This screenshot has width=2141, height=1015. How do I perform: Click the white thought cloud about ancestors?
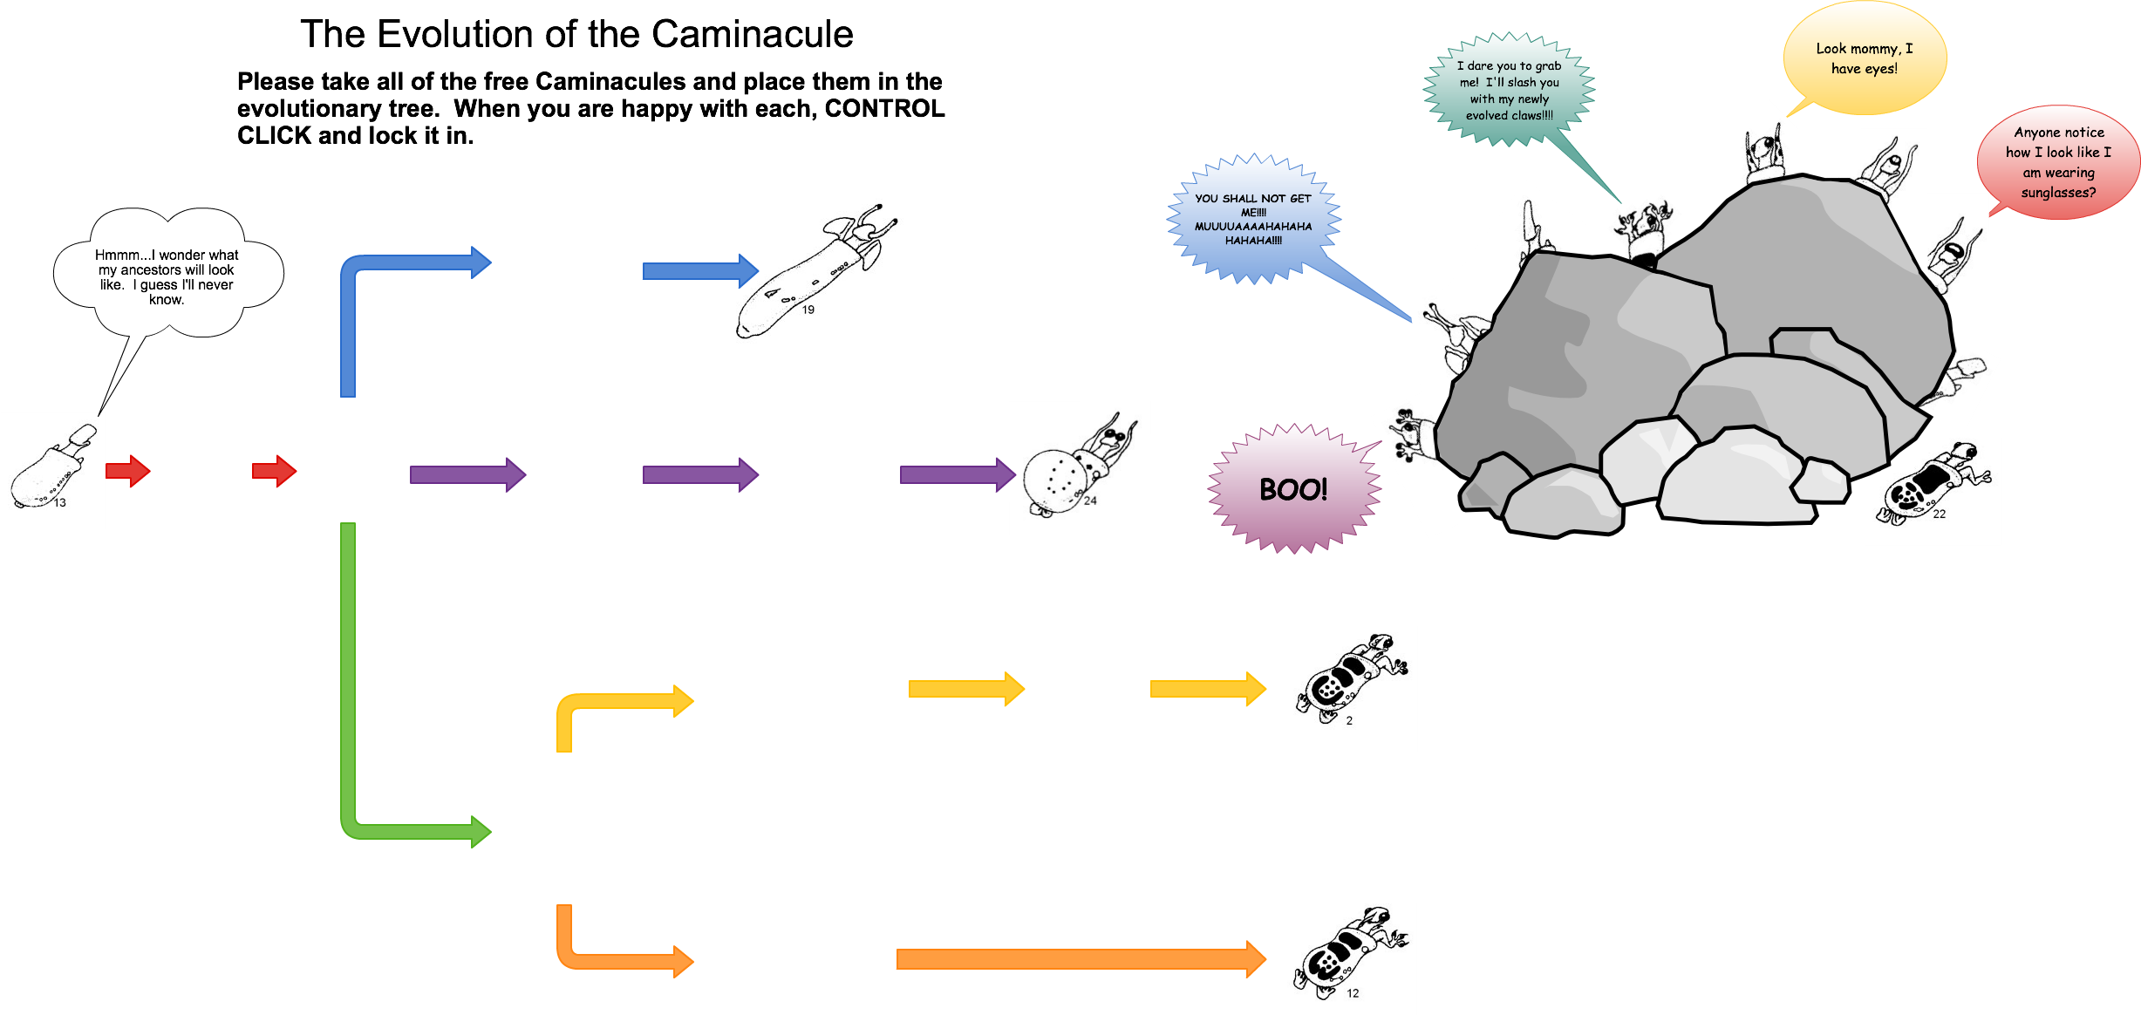(167, 276)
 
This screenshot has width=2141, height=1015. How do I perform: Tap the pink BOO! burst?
(1293, 488)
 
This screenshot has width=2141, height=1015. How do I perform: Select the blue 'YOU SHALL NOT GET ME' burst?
(1253, 219)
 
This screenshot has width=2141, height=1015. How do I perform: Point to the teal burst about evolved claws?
(1509, 90)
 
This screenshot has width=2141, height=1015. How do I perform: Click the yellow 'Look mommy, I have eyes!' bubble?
(1865, 58)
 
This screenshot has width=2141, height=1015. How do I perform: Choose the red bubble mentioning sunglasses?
(2058, 162)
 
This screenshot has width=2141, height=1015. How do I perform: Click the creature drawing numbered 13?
(52, 471)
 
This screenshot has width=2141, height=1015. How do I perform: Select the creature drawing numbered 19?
(815, 277)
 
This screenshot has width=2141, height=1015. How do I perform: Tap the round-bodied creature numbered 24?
(1080, 468)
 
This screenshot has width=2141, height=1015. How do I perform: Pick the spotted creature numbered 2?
(1347, 688)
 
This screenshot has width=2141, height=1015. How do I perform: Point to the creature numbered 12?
(1347, 958)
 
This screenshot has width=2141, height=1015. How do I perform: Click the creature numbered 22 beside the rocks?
(1933, 491)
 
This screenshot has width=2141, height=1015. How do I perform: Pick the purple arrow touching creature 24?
(957, 474)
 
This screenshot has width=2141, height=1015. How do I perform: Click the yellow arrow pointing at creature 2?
(1207, 689)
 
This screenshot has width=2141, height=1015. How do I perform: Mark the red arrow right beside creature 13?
(128, 471)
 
